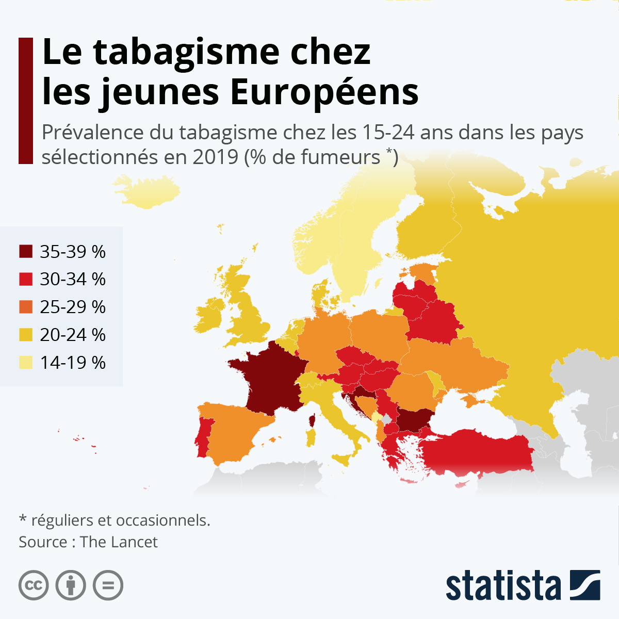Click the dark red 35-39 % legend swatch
pos(26,252)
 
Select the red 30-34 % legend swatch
pos(26,280)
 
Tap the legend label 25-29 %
pos(73,307)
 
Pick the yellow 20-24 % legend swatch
pos(26,335)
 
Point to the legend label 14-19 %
pos(73,363)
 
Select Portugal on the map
pos(203,438)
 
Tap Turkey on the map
pos(475,454)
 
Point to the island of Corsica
pos(312,421)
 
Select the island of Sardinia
pos(311,438)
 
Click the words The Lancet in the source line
pos(119,542)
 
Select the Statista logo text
pos(503,586)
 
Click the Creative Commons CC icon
pos(34,585)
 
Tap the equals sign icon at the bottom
pos(108,585)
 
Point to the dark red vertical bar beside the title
pos(25,101)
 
